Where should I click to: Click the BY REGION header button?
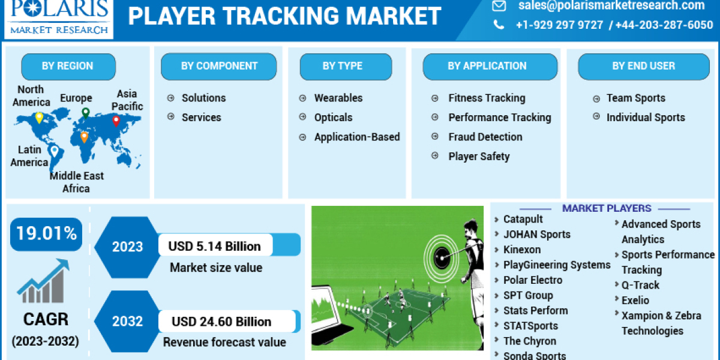(68, 66)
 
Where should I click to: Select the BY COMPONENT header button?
(219, 66)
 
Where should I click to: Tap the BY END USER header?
(643, 66)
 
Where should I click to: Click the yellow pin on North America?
(39, 117)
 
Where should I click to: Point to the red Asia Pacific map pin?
(116, 121)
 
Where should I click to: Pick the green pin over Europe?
(86, 113)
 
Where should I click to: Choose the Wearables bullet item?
(338, 98)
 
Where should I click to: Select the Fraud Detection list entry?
(485, 137)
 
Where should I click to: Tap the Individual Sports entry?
(645, 118)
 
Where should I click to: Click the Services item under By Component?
(201, 118)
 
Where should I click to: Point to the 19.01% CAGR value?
(46, 233)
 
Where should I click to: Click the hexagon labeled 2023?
(127, 247)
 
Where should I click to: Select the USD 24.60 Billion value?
(221, 322)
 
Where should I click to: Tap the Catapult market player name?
(523, 219)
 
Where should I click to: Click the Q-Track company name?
(640, 285)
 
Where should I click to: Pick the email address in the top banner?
(611, 6)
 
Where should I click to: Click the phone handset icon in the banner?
(499, 25)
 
